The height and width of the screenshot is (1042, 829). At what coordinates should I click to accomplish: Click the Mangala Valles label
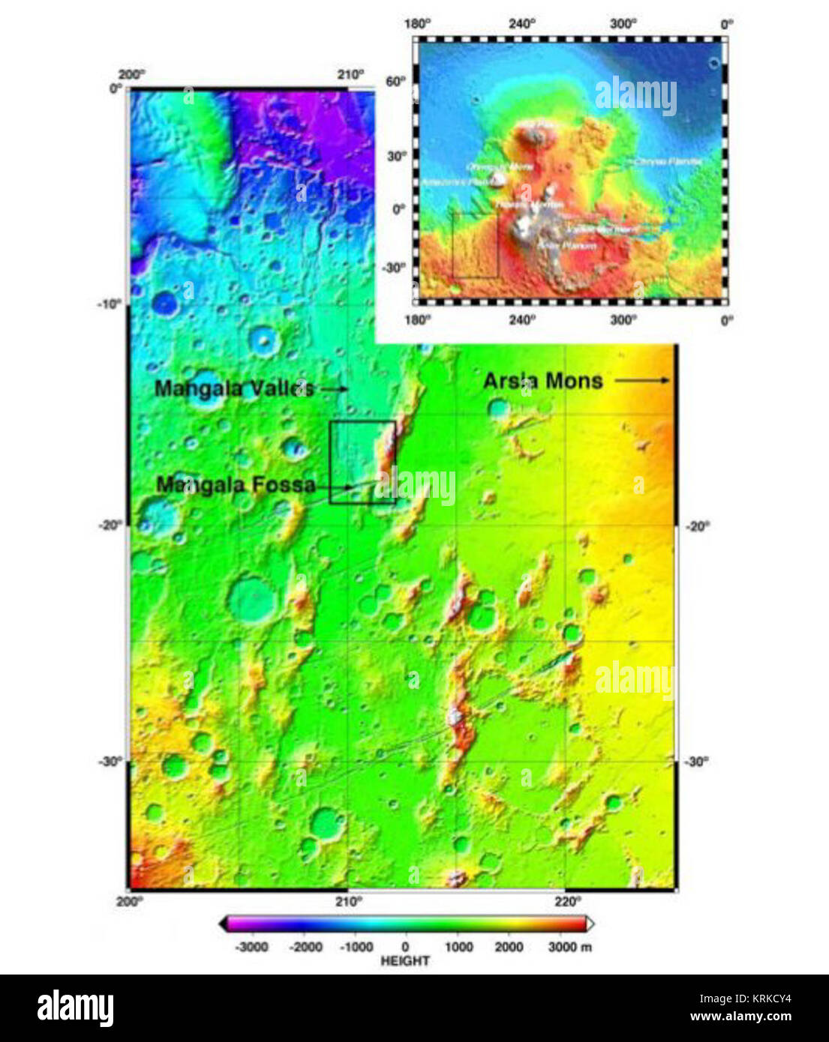point(234,388)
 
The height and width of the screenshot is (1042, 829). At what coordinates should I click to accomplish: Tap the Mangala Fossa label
point(236,485)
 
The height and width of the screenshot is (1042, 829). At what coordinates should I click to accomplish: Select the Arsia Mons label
point(542,381)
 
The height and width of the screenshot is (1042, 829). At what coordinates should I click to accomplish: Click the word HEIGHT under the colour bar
point(405,961)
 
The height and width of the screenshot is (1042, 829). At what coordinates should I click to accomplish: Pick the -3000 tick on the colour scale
point(251,947)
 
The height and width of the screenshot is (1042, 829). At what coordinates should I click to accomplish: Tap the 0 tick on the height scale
point(405,947)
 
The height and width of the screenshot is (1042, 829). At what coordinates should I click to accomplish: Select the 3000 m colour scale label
point(569,947)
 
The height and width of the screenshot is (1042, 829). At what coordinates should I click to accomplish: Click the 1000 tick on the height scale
point(458,947)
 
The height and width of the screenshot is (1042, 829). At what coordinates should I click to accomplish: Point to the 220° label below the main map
point(566,901)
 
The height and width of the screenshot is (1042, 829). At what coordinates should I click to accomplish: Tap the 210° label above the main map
point(350,75)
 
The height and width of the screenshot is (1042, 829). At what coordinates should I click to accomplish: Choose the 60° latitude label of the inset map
point(396,81)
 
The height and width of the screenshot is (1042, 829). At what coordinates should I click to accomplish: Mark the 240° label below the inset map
point(522,319)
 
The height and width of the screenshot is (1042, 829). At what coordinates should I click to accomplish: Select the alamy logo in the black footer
point(75,1008)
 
